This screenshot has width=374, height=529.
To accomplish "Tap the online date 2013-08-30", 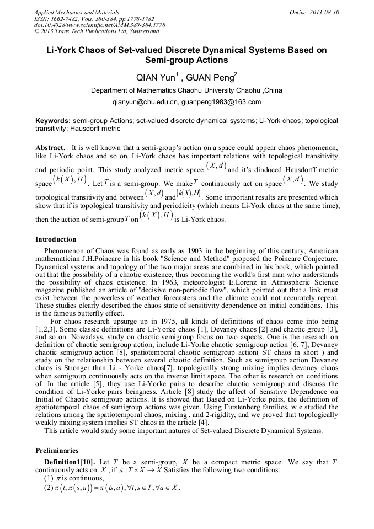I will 324,12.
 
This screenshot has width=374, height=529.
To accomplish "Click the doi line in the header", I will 99,25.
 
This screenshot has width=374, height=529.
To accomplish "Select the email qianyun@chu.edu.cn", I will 145,102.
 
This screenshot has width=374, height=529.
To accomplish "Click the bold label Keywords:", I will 53,120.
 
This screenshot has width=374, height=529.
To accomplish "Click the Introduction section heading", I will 56,239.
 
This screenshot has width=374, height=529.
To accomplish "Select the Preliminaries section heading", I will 57,450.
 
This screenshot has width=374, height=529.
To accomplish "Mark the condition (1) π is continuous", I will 73,478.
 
